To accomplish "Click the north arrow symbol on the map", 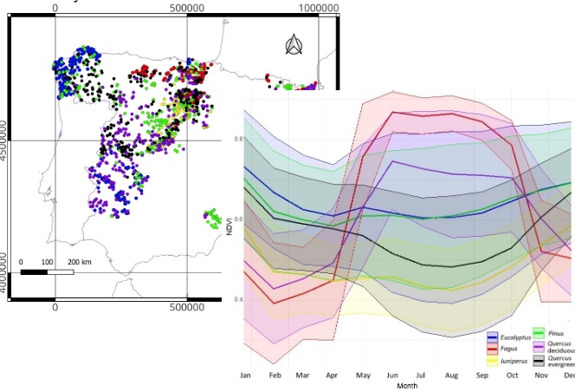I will [x=294, y=44].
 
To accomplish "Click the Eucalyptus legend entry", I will [x=494, y=335].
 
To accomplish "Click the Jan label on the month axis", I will [x=245, y=375].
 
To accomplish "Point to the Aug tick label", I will [x=451, y=375].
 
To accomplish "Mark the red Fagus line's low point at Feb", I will [x=275, y=303].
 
